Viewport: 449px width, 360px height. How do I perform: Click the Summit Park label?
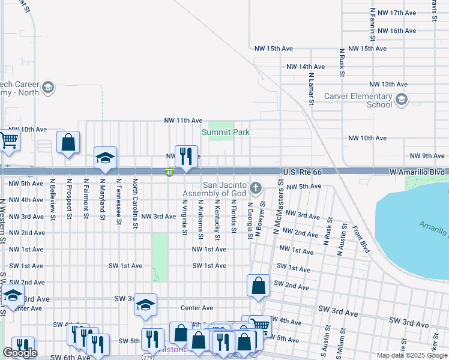[x=225, y=132]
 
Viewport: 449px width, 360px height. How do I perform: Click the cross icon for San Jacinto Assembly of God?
[x=256, y=188]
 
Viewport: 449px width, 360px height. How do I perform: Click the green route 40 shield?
[x=170, y=173]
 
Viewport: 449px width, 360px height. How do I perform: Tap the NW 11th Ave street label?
[x=183, y=121]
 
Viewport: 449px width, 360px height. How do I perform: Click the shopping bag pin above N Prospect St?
[x=68, y=143]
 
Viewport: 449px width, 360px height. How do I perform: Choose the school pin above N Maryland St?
[x=106, y=157]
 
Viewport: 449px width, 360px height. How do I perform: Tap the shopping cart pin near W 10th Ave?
[x=8, y=140]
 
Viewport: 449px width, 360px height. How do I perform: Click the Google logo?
[x=20, y=353]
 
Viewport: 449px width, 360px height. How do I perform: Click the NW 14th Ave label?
[x=306, y=67]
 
